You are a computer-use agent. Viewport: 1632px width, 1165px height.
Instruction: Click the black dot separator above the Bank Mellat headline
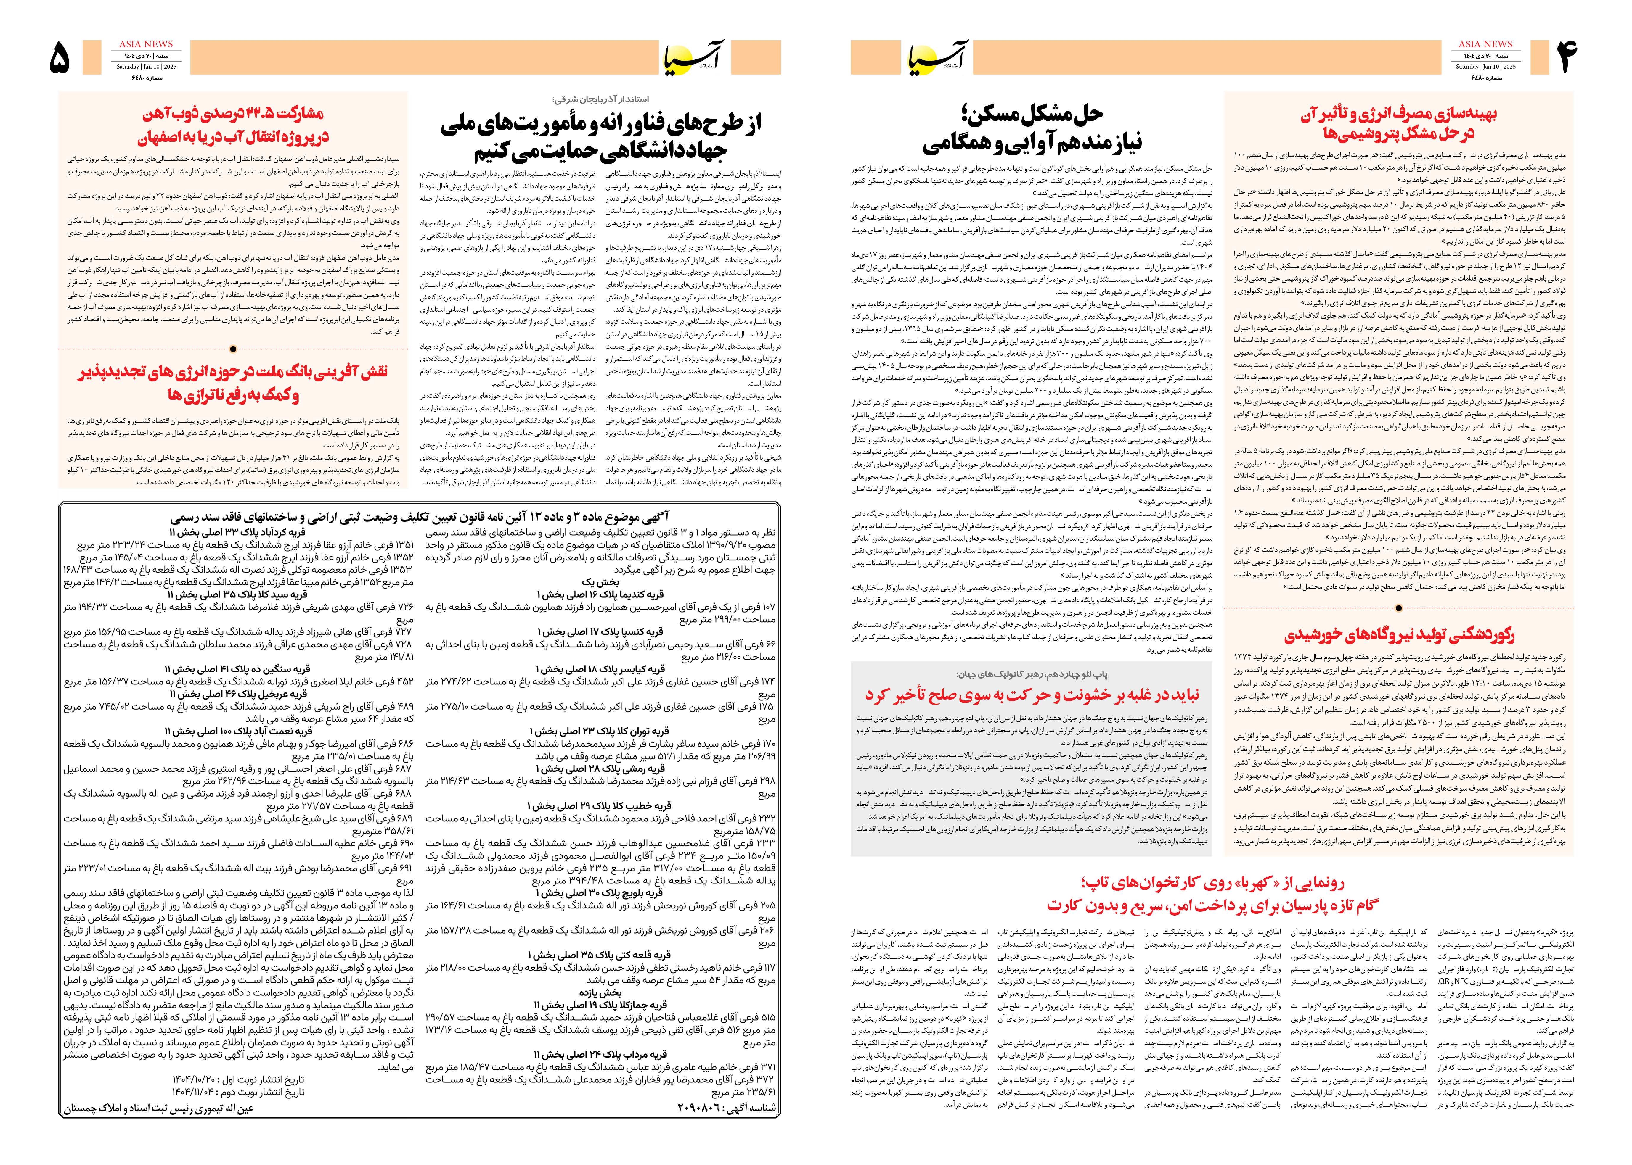(x=233, y=349)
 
